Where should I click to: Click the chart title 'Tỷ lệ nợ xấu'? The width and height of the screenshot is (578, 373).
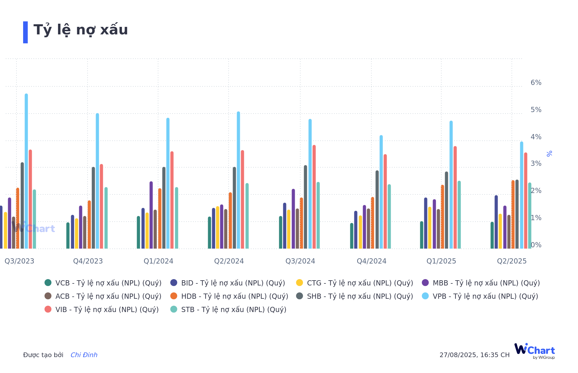[81, 30]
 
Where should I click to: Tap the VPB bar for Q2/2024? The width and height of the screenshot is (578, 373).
[238, 179]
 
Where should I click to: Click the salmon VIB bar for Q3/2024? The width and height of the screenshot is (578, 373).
[314, 196]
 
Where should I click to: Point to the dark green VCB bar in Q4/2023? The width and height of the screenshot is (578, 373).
[68, 235]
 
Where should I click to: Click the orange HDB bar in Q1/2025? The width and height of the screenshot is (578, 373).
[442, 217]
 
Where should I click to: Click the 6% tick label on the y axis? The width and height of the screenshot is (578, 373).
[536, 83]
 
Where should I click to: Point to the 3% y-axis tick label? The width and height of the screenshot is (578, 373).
[536, 164]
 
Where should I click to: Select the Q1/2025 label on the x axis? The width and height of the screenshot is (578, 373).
[441, 261]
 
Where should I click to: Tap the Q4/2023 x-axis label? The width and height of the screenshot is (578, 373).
[88, 261]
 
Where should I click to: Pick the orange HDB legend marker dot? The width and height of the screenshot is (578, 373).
[174, 296]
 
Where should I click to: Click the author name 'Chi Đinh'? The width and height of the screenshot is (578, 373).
[84, 355]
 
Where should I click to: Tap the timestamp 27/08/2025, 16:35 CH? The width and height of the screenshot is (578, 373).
[475, 355]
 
